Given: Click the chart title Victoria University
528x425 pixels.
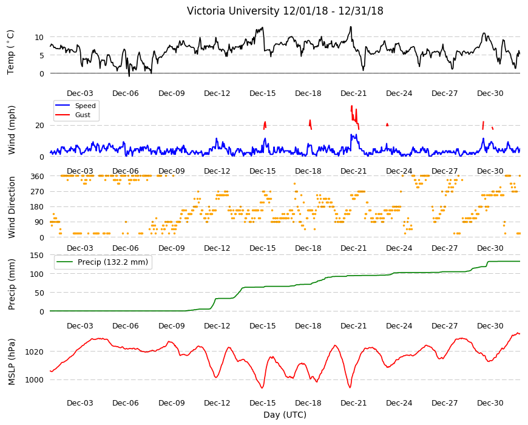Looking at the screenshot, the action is [x=233, y=11].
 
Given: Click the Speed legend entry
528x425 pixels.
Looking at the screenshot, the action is [x=85, y=106].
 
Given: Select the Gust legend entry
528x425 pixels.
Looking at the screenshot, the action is [x=83, y=115].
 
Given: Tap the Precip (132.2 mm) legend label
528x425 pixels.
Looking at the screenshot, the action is [x=113, y=262].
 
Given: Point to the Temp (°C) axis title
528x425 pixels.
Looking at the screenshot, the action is [x=11, y=52].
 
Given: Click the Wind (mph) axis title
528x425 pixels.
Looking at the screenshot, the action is [x=12, y=130].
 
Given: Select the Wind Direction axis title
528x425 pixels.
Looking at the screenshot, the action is [x=12, y=207].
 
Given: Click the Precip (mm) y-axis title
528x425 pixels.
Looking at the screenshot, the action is [x=12, y=284].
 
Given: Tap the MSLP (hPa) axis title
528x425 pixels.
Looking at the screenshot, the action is [x=12, y=361].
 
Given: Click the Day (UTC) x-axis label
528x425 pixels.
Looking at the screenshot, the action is [x=285, y=415].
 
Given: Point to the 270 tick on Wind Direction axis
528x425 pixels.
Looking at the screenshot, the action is [x=37, y=192].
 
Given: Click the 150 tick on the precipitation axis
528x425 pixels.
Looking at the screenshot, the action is [x=37, y=255].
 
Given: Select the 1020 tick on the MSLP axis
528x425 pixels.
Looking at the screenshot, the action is [x=35, y=352].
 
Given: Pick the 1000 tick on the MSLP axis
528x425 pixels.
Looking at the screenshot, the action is [x=35, y=380].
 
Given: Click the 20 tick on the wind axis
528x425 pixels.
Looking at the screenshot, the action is [x=39, y=126].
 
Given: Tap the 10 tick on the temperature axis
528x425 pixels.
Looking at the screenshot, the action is [x=39, y=37].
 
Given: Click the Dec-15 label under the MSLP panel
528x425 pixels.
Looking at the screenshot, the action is [x=262, y=403].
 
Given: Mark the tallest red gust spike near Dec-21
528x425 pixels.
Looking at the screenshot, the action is [x=351, y=106].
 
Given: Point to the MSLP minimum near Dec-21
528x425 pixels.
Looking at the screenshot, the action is [x=350, y=387].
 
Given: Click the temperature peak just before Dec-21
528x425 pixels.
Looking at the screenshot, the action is [x=351, y=27].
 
